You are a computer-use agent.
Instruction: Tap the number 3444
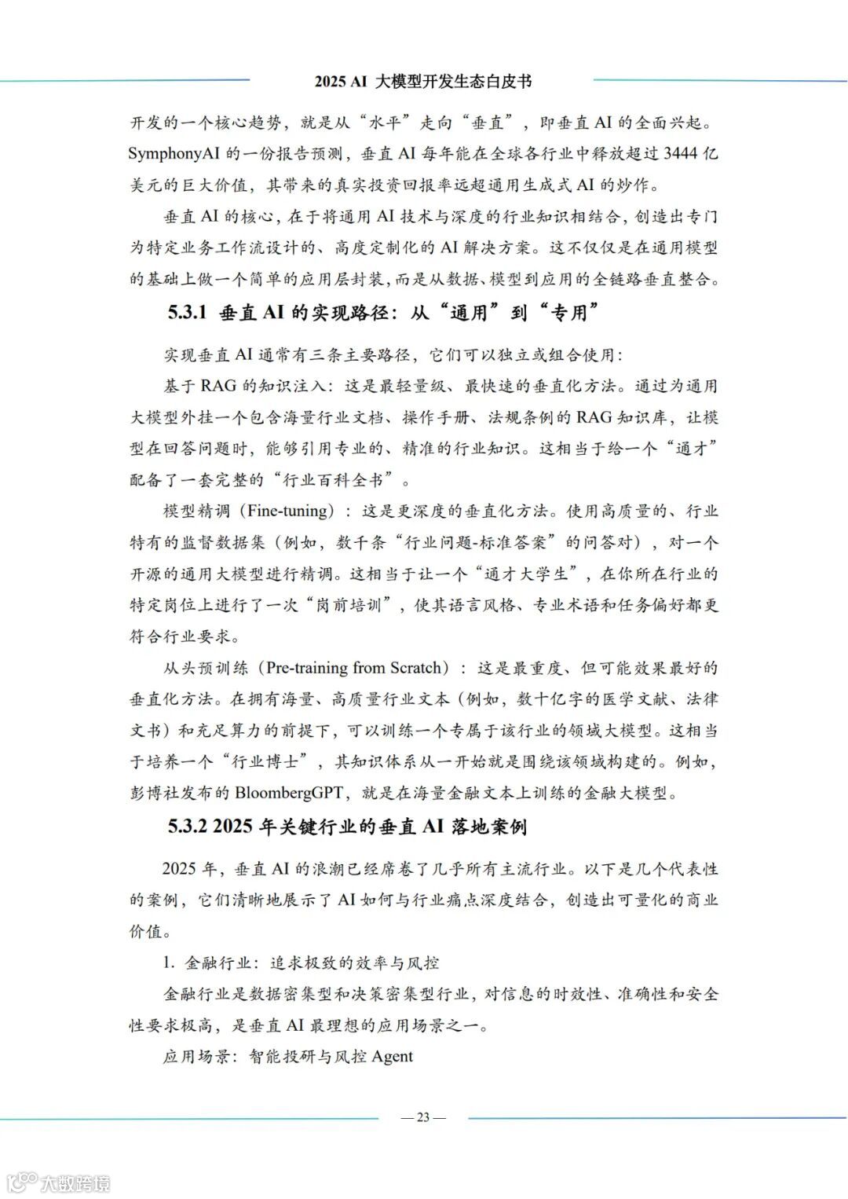pyautogui.click(x=681, y=154)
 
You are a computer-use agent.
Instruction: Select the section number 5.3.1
pyautogui.click(x=187, y=313)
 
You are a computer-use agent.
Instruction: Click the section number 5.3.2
pyautogui.click(x=187, y=827)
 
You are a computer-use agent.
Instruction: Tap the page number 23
pyautogui.click(x=423, y=1117)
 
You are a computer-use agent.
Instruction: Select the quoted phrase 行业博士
pyautogui.click(x=272, y=762)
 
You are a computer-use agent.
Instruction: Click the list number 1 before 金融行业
pyautogui.click(x=167, y=963)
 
